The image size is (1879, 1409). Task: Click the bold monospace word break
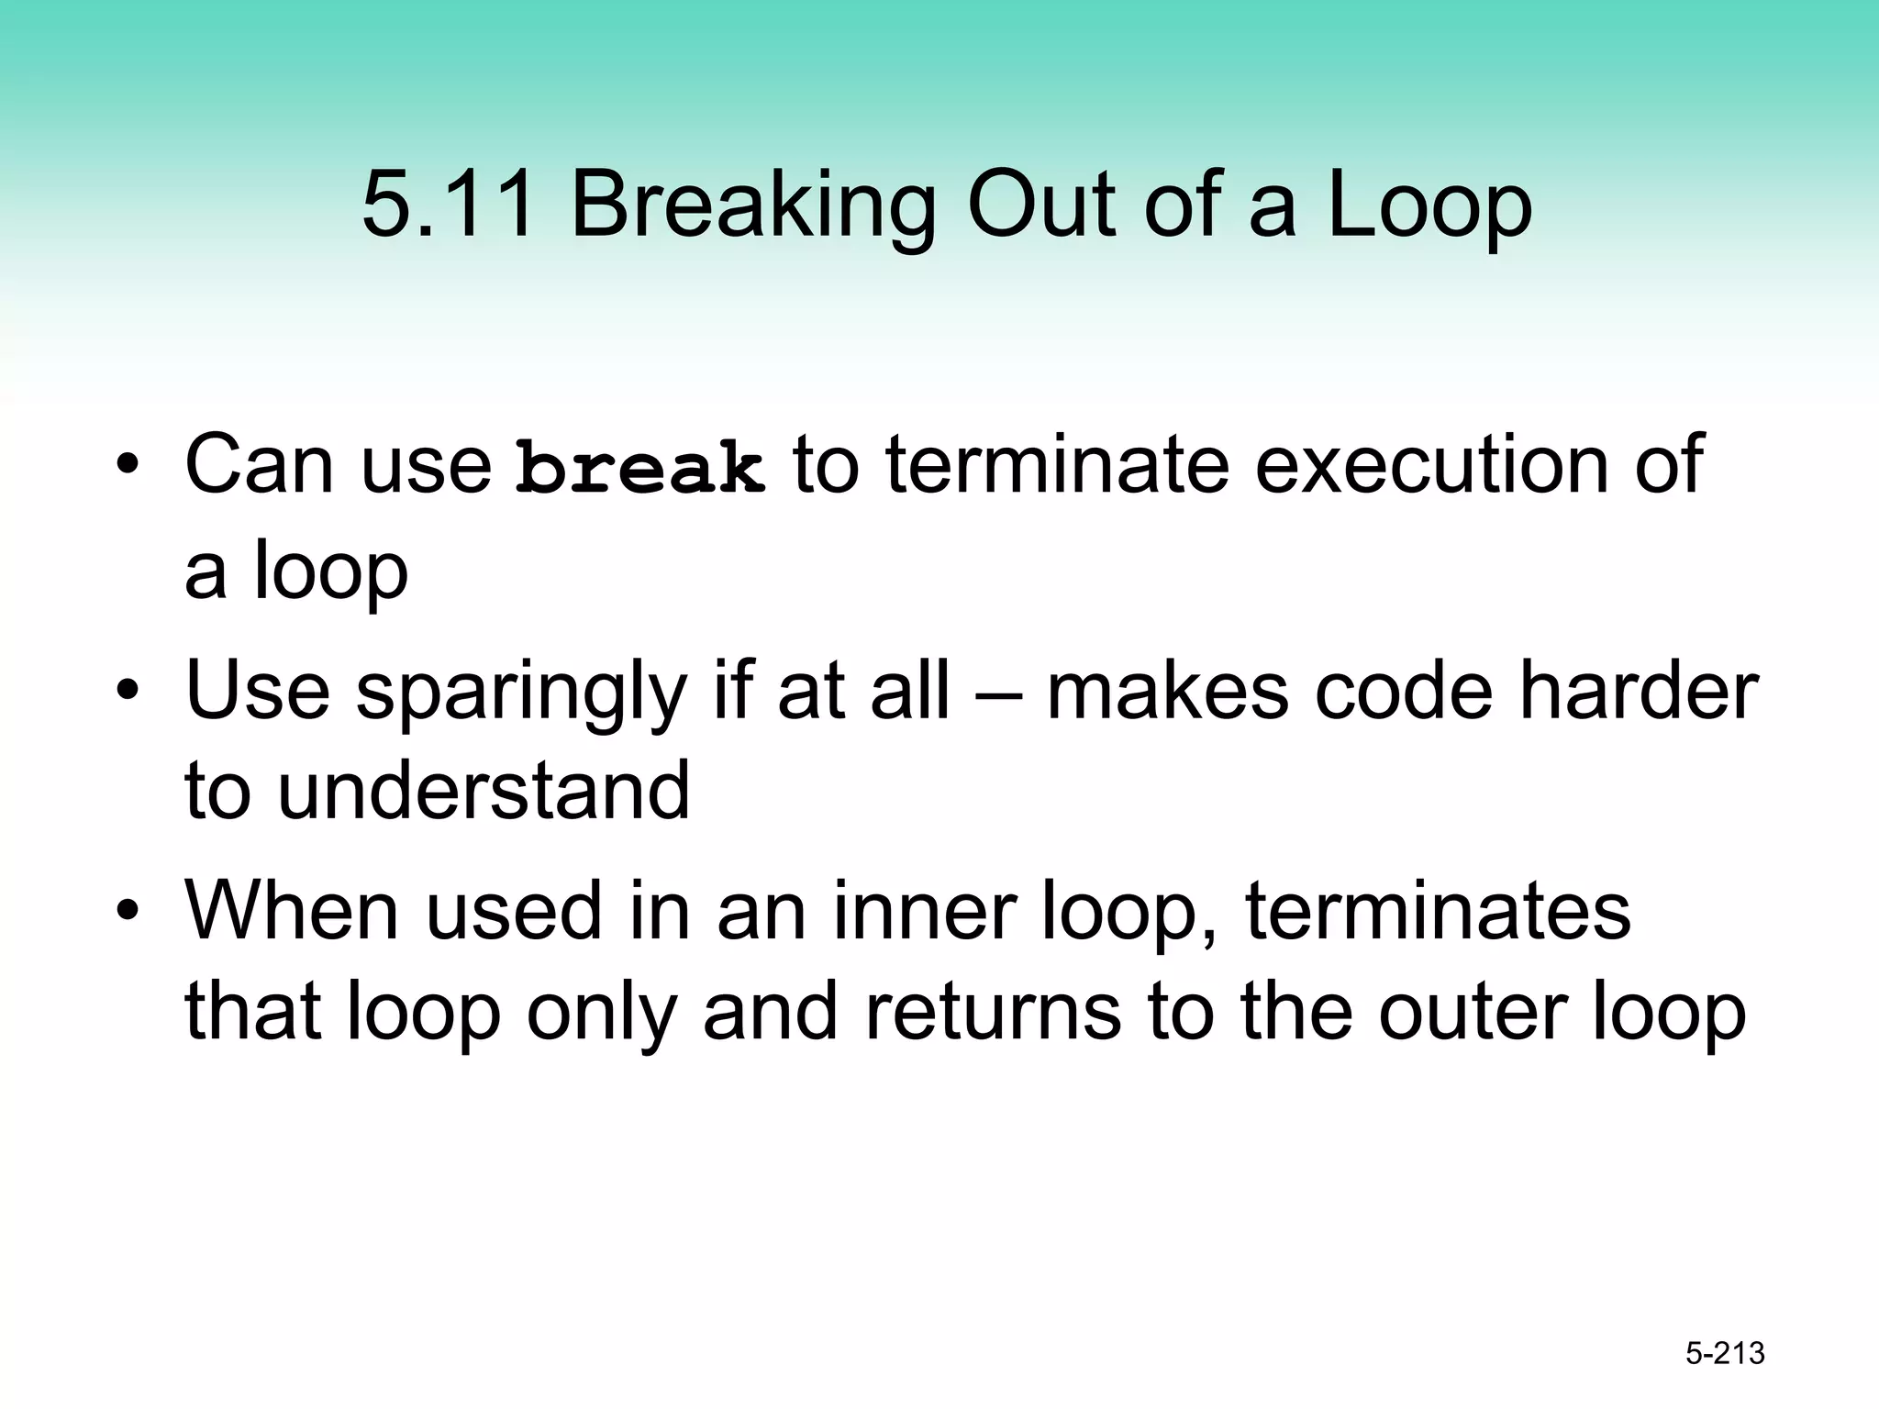point(639,466)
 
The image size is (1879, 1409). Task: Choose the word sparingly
point(521,693)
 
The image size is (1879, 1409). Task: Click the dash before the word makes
point(997,693)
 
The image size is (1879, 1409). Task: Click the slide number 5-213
point(1725,1353)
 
